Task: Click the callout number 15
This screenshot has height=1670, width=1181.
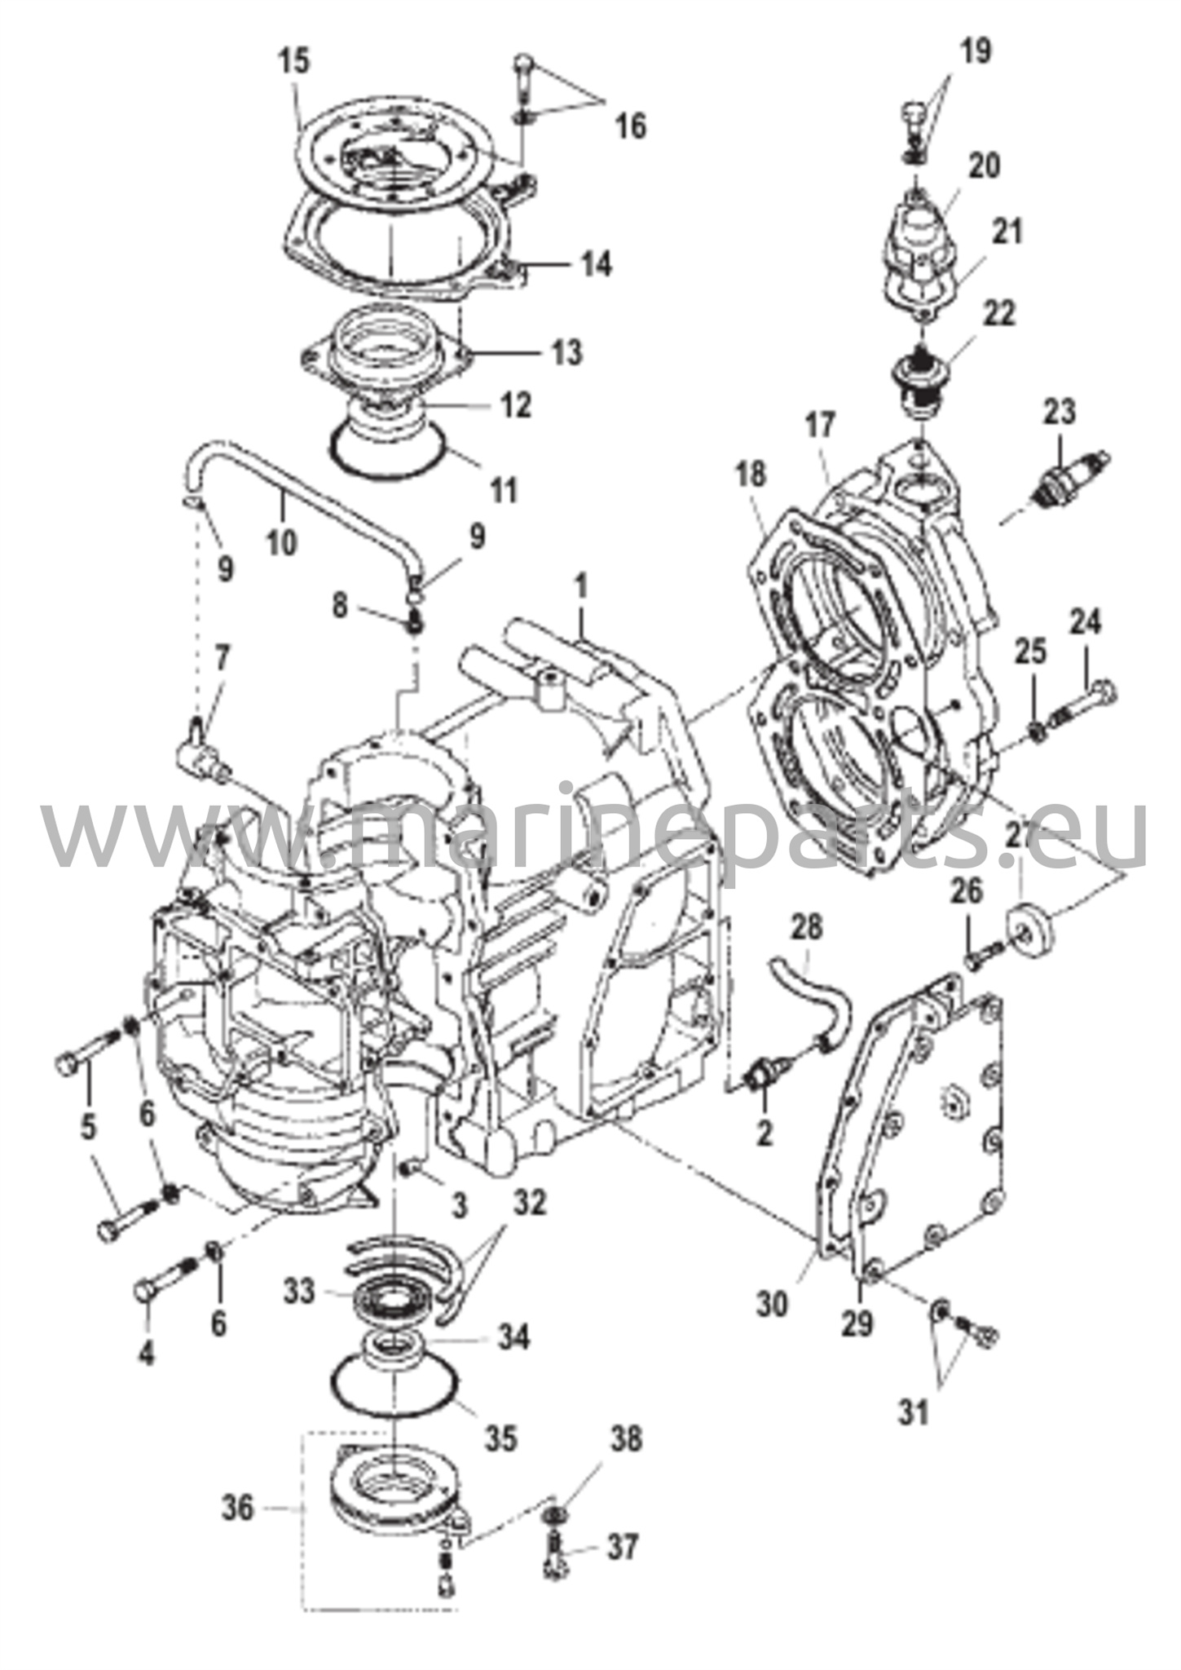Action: point(296,63)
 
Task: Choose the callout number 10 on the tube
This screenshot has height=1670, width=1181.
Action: point(282,541)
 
